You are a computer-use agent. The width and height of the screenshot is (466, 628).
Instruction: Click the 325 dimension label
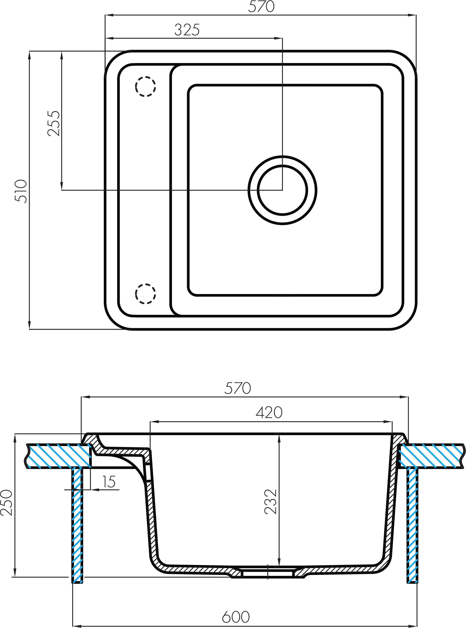pos(187,30)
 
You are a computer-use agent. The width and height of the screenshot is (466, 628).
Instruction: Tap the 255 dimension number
pos(54,124)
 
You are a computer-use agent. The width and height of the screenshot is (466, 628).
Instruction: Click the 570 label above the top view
pos(261,7)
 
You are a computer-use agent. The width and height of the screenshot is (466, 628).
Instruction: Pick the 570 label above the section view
pos(238,388)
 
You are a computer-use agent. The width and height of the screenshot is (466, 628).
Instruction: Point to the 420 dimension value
pos(269,413)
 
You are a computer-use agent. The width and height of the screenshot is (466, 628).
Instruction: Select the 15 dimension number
pos(109,482)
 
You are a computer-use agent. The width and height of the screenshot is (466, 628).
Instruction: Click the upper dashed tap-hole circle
pos(145,86)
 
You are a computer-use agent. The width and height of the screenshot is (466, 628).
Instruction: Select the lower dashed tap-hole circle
pos(145,294)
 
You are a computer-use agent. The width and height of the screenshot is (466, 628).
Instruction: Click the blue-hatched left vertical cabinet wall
pos(77,524)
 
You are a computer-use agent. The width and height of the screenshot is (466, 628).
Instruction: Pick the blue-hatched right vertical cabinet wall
pos(412,524)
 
